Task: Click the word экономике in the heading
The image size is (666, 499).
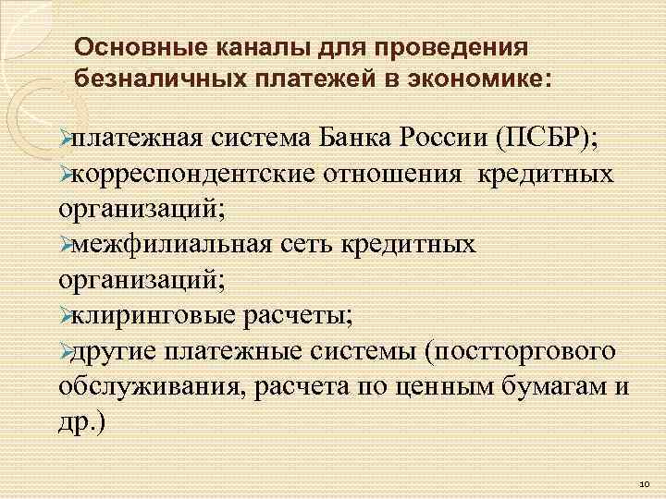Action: point(484,78)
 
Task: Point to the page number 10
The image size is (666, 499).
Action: point(643,483)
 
